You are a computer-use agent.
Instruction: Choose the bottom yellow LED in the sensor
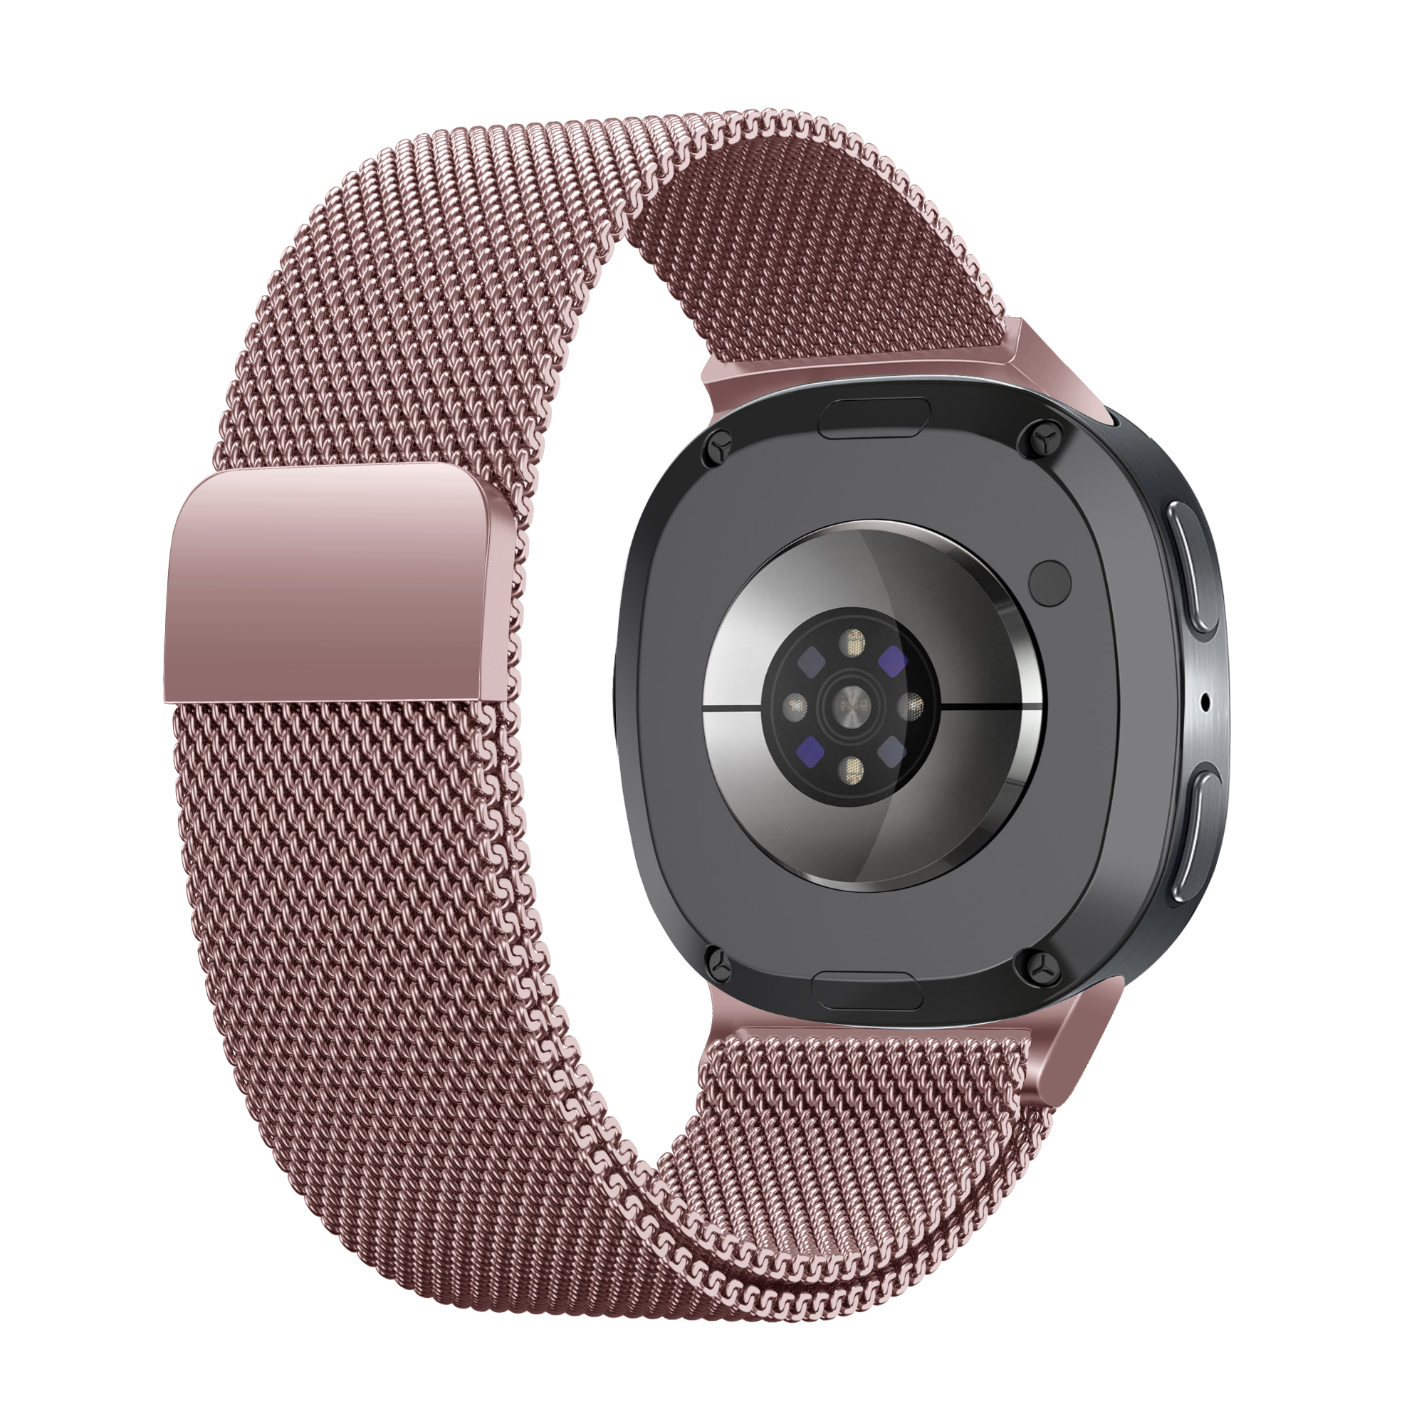tap(855, 773)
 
